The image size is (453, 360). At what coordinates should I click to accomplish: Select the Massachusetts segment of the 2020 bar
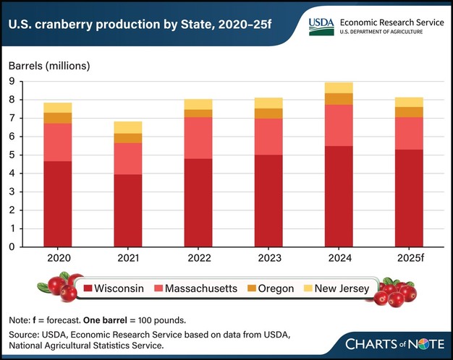57,142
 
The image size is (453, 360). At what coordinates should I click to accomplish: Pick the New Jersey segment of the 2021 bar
127,127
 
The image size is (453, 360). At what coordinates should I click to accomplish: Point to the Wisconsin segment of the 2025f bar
409,198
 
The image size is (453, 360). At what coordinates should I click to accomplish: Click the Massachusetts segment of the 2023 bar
268,137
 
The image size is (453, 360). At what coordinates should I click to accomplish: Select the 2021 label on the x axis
127,258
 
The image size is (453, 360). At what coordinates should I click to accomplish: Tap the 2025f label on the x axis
409,258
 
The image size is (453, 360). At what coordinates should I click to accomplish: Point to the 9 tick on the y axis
12,81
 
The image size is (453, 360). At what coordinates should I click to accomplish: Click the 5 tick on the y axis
12,155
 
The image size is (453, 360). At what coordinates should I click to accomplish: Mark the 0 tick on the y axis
12,247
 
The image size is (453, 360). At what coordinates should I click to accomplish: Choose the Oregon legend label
276,288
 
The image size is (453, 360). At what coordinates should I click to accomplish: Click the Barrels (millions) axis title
48,66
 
